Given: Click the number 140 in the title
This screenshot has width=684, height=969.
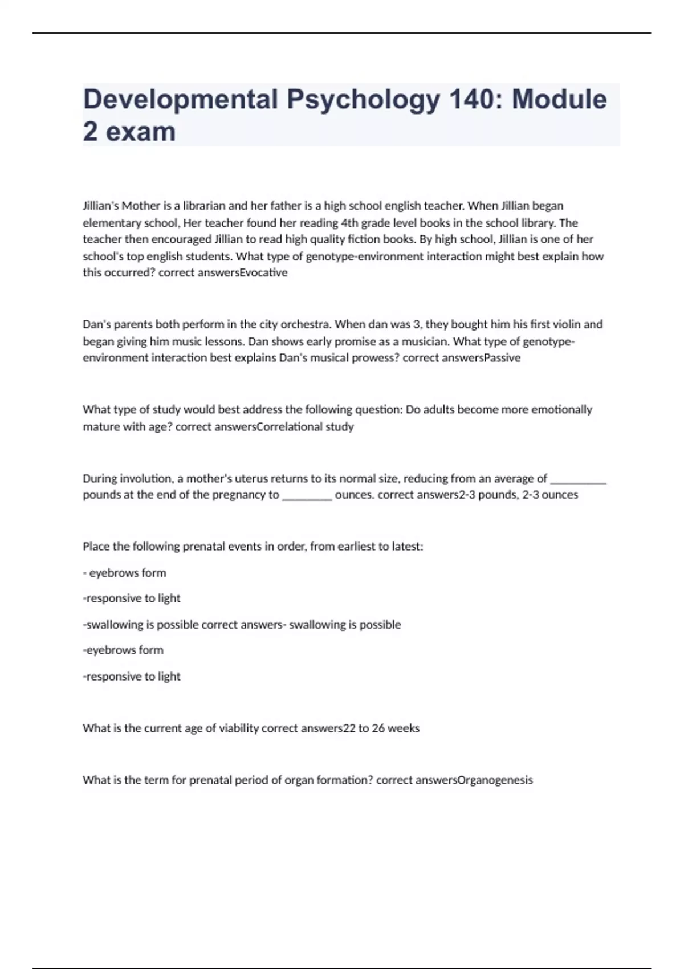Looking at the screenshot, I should (x=473, y=99).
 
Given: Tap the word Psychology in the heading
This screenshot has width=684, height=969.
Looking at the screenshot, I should (x=363, y=100).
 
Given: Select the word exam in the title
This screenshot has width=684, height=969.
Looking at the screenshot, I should (x=140, y=132).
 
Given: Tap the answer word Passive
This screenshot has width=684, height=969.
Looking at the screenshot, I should (x=502, y=358).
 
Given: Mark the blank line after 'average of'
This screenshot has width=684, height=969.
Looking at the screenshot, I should (x=578, y=479).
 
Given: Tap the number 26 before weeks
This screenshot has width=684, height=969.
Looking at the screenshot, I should (x=378, y=728).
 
